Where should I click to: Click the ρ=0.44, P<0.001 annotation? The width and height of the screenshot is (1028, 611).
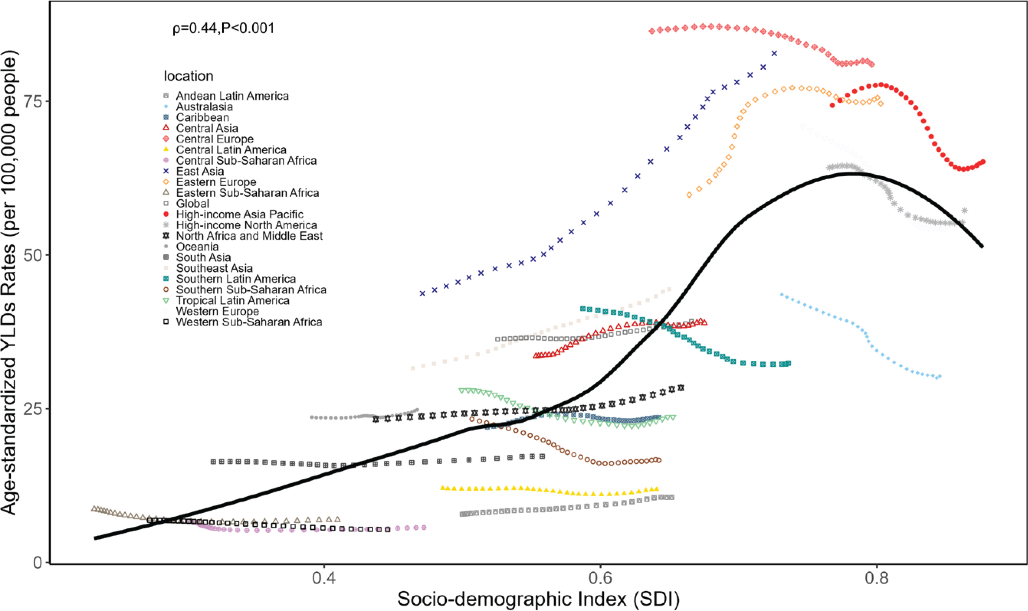coord(223,28)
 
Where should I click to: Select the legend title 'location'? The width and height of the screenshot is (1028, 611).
coord(188,76)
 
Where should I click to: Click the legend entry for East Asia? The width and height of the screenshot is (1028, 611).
coord(200,171)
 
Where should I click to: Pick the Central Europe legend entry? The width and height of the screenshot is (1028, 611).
coord(215,139)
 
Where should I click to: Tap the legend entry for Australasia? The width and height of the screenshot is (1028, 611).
coord(204,107)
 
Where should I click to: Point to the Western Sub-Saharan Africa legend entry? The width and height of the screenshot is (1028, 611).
coord(249,322)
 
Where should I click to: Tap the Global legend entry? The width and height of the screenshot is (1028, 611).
coord(192,204)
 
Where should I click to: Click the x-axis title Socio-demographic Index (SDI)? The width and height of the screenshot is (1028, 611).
coord(538,600)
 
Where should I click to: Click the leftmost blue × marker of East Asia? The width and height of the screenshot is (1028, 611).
coord(422,294)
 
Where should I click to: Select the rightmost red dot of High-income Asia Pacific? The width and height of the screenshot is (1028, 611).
coord(984,162)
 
